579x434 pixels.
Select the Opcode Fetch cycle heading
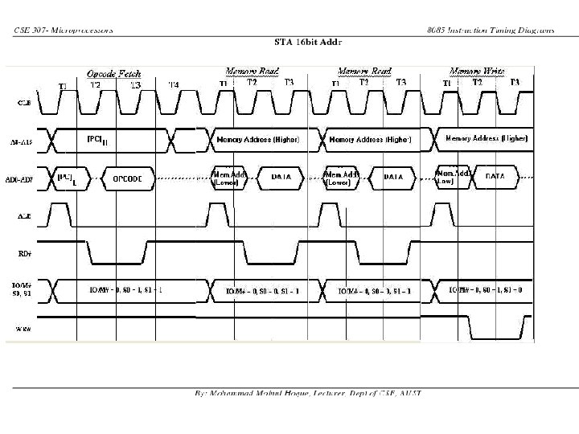(x=114, y=73)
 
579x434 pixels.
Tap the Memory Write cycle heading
(x=477, y=71)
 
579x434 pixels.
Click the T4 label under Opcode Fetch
(x=174, y=85)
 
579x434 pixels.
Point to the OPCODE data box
(x=128, y=178)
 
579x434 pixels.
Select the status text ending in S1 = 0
(x=485, y=289)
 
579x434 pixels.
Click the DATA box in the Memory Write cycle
(x=495, y=175)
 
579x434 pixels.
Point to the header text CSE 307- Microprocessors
(x=64, y=31)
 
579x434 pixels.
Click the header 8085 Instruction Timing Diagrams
(x=491, y=31)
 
